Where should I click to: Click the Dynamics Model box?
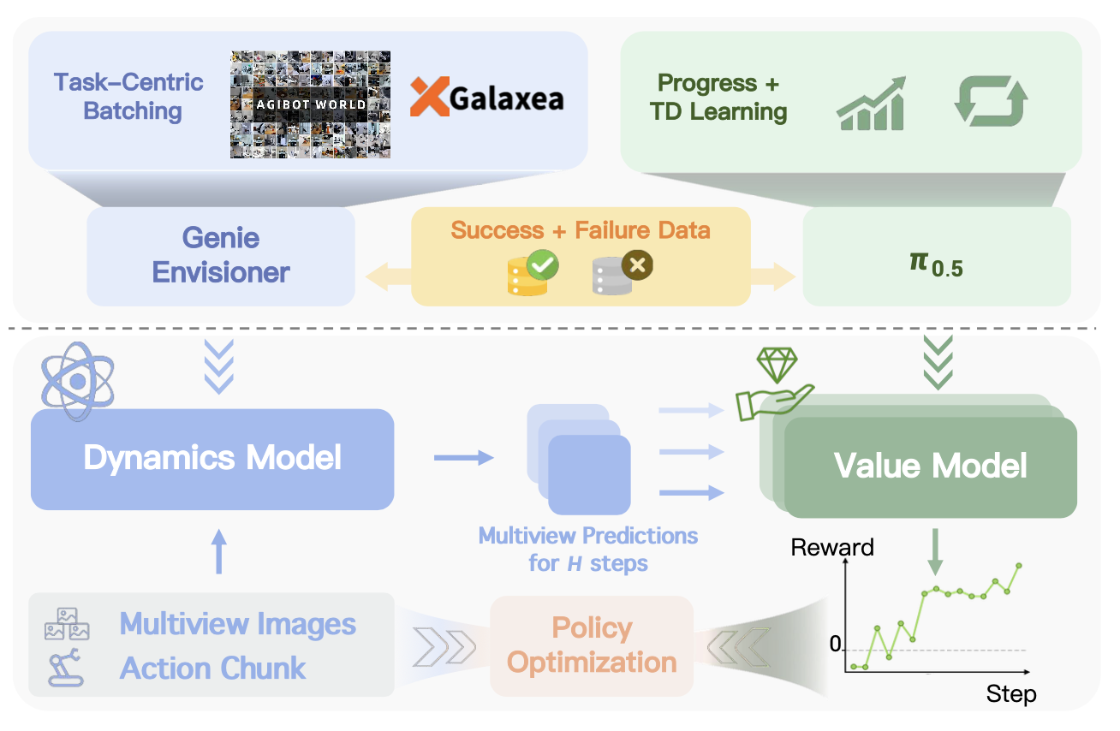click(211, 459)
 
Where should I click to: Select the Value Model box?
click(930, 467)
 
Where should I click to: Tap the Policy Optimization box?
click(591, 645)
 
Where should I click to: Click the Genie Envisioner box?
click(221, 256)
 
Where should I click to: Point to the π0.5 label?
click(936, 264)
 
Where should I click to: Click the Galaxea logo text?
click(487, 98)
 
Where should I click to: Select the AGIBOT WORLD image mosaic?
click(310, 104)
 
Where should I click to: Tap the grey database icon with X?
click(623, 273)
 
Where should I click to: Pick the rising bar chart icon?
click(871, 104)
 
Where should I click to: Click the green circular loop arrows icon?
click(991, 102)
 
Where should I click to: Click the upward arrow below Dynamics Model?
click(219, 550)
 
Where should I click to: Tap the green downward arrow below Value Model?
click(935, 552)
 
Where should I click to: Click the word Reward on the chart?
click(832, 548)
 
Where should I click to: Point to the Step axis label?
click(1010, 693)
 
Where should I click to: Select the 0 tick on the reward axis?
click(836, 645)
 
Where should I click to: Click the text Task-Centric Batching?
click(128, 97)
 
